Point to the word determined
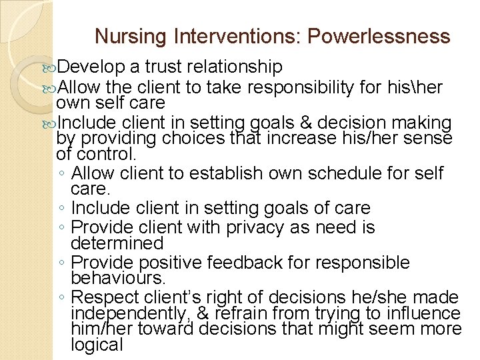tap(117, 243)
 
